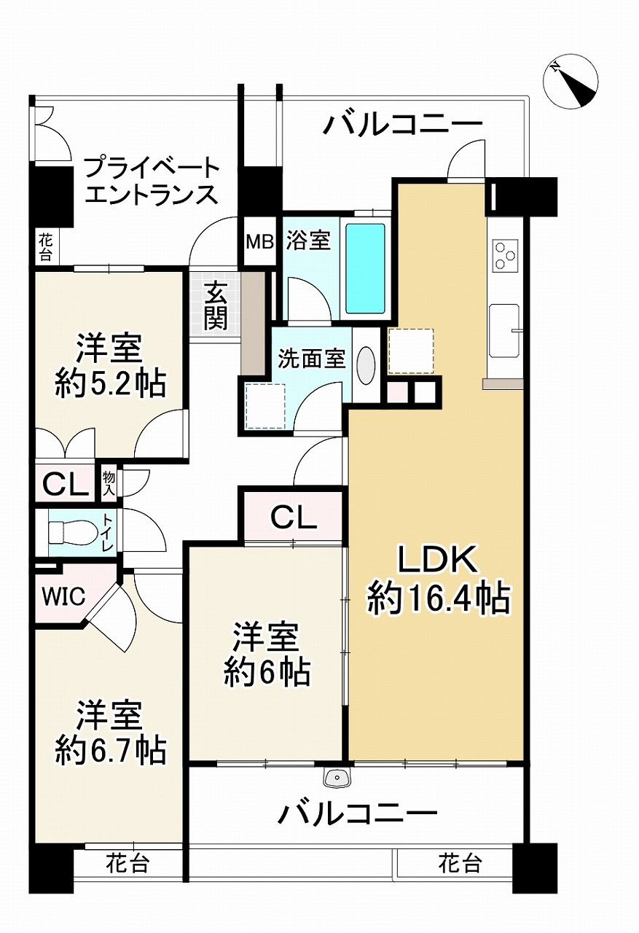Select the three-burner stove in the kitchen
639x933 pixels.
pyautogui.click(x=505, y=254)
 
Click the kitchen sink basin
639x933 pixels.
pyautogui.click(x=503, y=331)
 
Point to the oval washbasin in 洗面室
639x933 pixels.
pyautogui.click(x=366, y=364)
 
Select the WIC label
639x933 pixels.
pyautogui.click(x=63, y=596)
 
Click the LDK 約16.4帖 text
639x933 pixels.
pyautogui.click(x=437, y=579)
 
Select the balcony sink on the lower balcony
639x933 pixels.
pyautogui.click(x=339, y=778)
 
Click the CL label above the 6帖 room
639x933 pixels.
pyautogui.click(x=293, y=518)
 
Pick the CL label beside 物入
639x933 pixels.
pyautogui.click(x=65, y=483)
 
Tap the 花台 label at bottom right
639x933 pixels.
pyautogui.click(x=460, y=864)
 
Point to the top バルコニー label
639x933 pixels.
pyautogui.click(x=404, y=125)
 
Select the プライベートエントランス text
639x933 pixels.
pyautogui.click(x=152, y=181)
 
